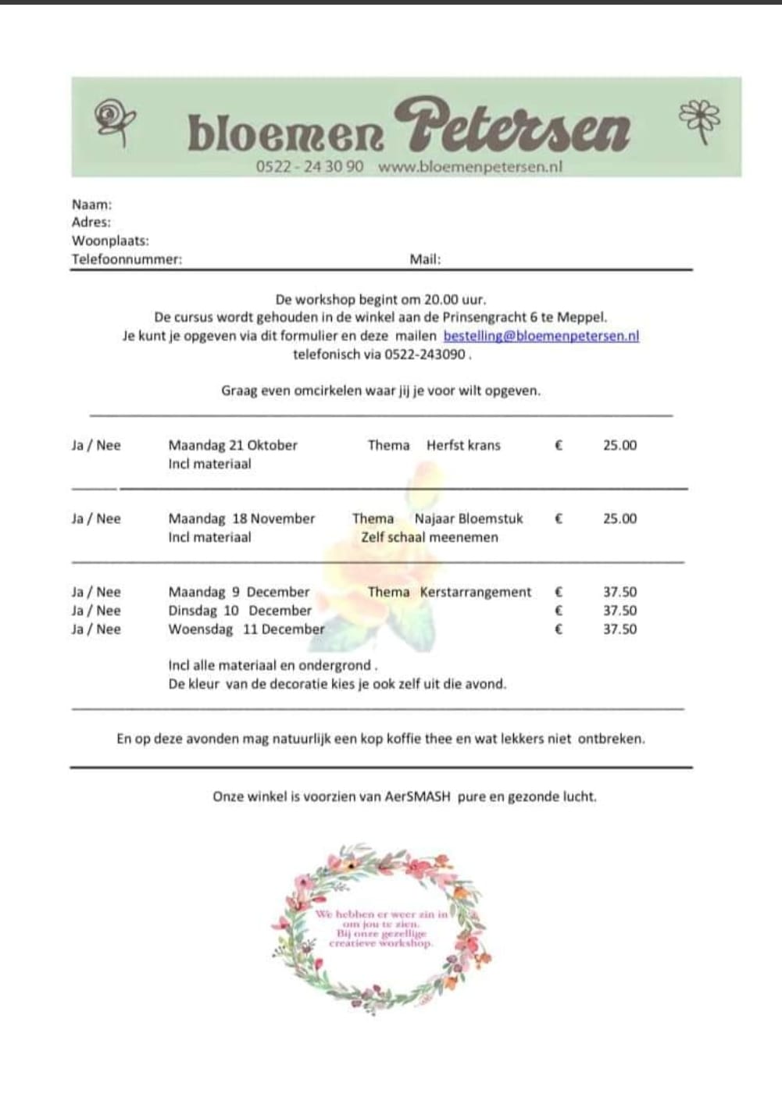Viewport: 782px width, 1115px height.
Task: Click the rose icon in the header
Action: (x=114, y=122)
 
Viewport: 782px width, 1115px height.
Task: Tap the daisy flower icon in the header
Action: (x=700, y=121)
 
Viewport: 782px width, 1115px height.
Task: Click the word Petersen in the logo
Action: (x=511, y=126)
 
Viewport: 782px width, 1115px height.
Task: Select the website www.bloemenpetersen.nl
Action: (x=470, y=166)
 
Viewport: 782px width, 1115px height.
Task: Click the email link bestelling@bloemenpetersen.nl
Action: (x=541, y=336)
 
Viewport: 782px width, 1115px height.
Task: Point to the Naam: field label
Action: (x=91, y=205)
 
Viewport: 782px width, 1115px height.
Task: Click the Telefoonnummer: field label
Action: (x=127, y=259)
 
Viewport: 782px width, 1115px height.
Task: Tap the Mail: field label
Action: (x=425, y=259)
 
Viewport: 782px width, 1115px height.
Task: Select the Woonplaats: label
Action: (x=110, y=240)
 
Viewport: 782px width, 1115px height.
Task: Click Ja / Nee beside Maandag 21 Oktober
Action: (x=96, y=445)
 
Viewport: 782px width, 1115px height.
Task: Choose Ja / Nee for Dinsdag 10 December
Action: (x=96, y=611)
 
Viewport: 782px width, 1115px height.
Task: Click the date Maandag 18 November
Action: (x=241, y=518)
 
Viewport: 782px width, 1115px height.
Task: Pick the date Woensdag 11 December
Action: (x=246, y=629)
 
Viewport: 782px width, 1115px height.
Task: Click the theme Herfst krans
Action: (x=463, y=445)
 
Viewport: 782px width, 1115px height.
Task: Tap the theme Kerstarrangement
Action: (x=475, y=592)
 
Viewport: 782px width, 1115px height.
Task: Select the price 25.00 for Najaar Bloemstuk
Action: (x=620, y=518)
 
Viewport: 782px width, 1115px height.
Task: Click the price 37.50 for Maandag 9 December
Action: (x=620, y=592)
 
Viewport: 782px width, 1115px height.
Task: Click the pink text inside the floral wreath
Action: (x=381, y=928)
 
